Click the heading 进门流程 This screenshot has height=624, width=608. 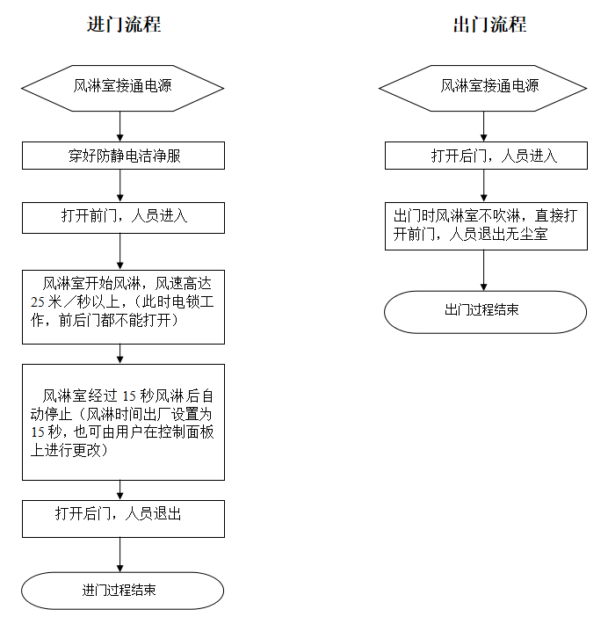coord(124,24)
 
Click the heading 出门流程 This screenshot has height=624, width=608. coord(489,24)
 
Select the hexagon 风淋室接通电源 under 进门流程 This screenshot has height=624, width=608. coord(122,86)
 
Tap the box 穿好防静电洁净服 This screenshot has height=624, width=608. coord(123,156)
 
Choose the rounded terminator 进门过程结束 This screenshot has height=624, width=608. coord(123,590)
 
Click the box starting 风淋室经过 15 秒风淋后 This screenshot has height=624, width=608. coord(123,422)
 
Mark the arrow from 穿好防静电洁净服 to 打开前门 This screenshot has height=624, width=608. coord(121,185)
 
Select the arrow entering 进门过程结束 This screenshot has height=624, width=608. coord(121,554)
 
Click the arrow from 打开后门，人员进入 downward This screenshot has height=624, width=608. coord(484,185)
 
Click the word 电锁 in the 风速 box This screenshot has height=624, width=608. coord(174,303)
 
